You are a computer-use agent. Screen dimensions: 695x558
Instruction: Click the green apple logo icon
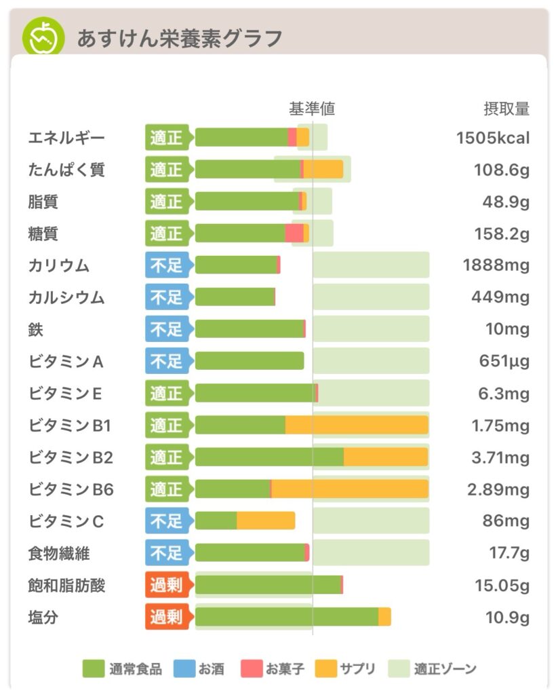tap(43, 37)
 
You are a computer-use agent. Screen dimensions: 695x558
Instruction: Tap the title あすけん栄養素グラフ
tap(179, 38)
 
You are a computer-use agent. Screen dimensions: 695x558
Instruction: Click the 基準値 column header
tap(312, 109)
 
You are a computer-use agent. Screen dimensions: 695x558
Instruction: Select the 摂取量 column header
tap(506, 109)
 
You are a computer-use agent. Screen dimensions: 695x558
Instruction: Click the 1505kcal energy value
tap(493, 138)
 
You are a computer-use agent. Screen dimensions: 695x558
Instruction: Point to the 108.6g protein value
tap(502, 170)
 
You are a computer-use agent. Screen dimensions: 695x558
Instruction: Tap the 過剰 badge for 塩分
tap(167, 617)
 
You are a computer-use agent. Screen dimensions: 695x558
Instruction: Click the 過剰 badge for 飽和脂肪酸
tap(167, 585)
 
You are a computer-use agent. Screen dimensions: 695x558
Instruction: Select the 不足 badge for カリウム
tap(167, 265)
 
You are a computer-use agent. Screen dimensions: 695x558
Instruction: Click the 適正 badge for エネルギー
tap(167, 138)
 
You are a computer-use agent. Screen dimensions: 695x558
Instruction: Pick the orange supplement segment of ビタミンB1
tap(357, 425)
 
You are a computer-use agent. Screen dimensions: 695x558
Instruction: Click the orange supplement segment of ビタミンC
tap(266, 521)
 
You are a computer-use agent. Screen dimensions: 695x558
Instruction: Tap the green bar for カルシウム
tap(235, 297)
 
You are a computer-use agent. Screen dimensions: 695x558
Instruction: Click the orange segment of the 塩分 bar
tap(384, 617)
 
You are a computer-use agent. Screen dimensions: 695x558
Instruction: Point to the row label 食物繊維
tap(59, 553)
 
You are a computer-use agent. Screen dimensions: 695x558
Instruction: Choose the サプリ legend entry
tap(345, 669)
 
